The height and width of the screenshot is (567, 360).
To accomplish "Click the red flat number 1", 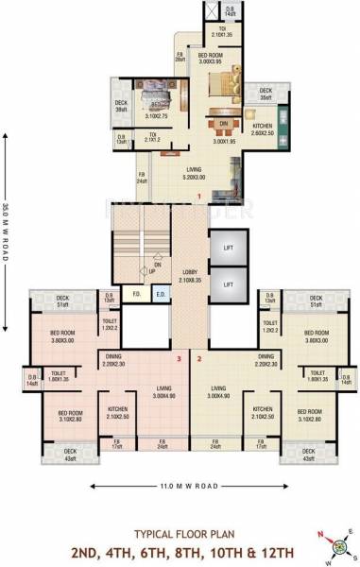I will tap(200, 197).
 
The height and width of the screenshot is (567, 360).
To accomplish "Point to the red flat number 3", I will tap(180, 358).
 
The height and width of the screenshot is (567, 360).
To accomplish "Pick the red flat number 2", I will tap(199, 358).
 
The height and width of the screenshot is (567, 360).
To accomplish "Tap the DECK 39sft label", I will tap(121, 107).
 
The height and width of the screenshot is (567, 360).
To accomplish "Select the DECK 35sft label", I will tap(264, 94).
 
